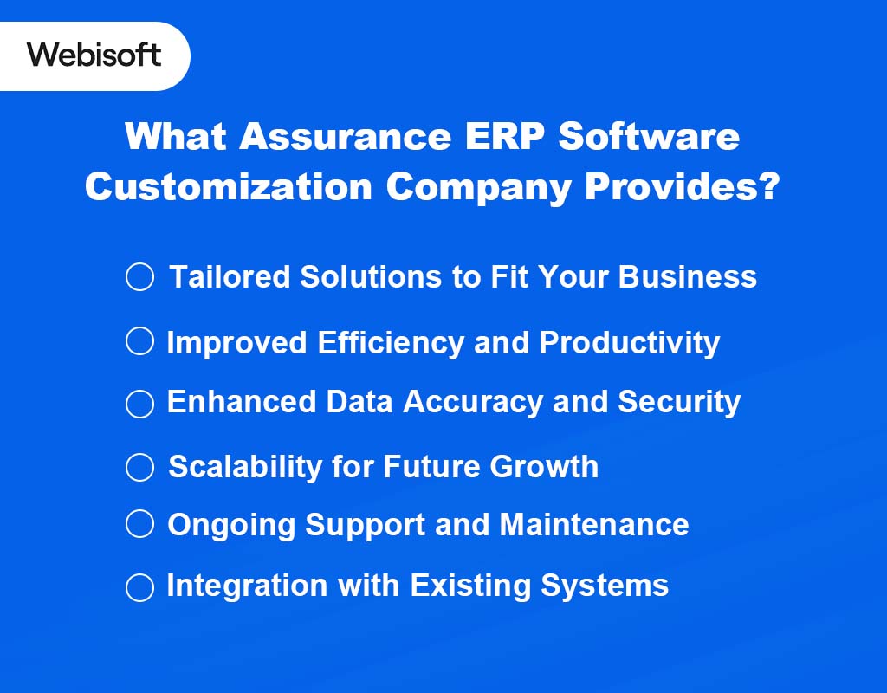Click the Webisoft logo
[94, 55]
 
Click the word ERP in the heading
[502, 137]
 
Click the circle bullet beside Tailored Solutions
[139, 277]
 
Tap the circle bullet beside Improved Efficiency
[139, 341]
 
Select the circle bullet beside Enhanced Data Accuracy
[139, 404]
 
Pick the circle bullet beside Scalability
[139, 468]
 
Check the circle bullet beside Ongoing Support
[139, 524]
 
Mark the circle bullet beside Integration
[139, 587]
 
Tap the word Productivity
[630, 343]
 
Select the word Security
[678, 403]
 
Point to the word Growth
[544, 467]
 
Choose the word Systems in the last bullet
[605, 586]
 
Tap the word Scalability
[245, 467]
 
